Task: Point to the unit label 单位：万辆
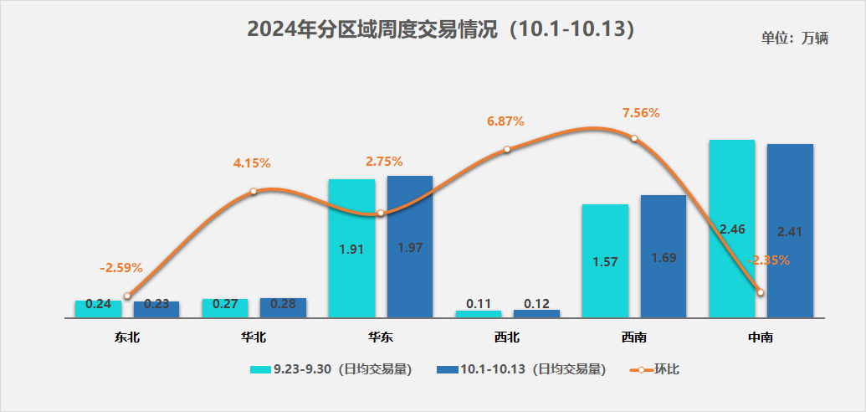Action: (x=794, y=39)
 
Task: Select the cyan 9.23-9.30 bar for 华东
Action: (x=351, y=249)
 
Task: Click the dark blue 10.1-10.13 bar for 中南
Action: (x=790, y=231)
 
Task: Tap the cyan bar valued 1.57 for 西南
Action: (x=605, y=261)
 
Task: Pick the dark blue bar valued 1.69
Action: (x=664, y=256)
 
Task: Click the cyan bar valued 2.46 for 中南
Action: (x=731, y=229)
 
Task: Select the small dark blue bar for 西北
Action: (x=536, y=313)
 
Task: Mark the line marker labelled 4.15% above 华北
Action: (x=254, y=192)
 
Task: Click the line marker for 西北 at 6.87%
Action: (x=507, y=150)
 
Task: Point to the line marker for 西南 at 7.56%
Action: (x=634, y=138)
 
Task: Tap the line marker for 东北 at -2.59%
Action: (x=127, y=296)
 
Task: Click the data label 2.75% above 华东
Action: (x=384, y=162)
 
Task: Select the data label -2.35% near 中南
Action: (x=769, y=260)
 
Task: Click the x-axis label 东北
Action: (x=127, y=338)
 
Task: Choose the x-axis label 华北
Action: (x=254, y=338)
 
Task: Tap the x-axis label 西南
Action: (x=633, y=338)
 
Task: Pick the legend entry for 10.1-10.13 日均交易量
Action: (x=520, y=369)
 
